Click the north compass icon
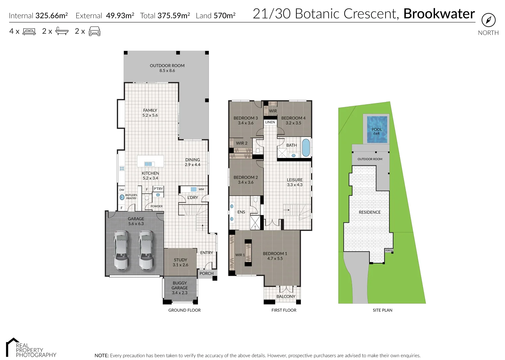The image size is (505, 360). tap(488, 20)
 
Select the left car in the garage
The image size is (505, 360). tap(121, 250)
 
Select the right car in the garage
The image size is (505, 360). tap(146, 250)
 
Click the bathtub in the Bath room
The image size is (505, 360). tap(305, 148)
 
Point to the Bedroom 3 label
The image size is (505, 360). tap(246, 120)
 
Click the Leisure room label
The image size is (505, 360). tap(294, 182)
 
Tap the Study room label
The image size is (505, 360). tap(180, 262)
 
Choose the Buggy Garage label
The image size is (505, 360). tap(180, 288)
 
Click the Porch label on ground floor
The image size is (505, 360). tap(206, 273)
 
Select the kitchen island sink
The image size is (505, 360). tap(148, 164)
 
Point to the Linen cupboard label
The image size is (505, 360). tap(270, 122)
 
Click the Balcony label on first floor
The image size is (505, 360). tap(285, 296)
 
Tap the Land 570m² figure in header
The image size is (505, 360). tap(216, 16)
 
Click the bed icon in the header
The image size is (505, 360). tap(29, 31)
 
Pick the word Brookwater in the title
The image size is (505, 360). tap(439, 14)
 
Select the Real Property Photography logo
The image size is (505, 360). tap(31, 348)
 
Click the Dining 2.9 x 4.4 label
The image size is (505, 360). tap(193, 162)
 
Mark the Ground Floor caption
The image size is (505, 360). tap(184, 310)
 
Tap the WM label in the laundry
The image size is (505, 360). tap(201, 189)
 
